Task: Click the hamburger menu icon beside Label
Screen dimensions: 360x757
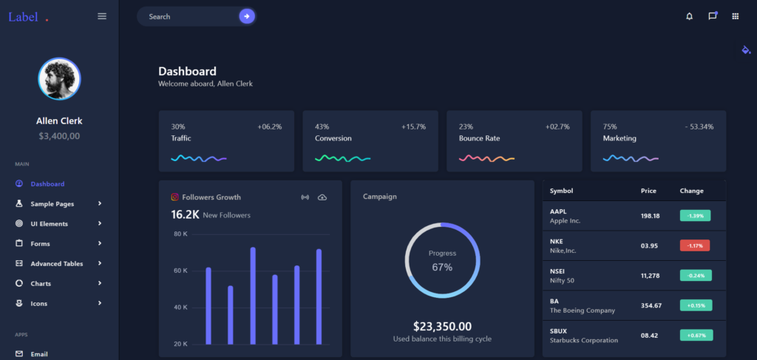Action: tap(102, 16)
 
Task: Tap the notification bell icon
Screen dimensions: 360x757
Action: tap(689, 16)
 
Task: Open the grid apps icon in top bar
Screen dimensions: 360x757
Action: tap(735, 16)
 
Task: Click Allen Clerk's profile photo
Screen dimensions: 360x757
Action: tap(59, 79)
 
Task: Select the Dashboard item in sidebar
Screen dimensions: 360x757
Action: tap(47, 184)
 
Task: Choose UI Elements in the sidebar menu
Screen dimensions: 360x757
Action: tap(49, 224)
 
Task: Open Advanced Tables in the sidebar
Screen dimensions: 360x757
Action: tap(56, 264)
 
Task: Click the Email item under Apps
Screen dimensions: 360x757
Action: tap(39, 354)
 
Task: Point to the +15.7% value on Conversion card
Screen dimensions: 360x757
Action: tap(413, 126)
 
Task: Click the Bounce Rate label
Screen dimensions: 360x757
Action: tap(479, 138)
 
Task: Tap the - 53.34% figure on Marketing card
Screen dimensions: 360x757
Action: tap(699, 126)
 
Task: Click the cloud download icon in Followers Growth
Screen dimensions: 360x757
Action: tap(322, 197)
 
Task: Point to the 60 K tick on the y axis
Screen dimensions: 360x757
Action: tap(180, 271)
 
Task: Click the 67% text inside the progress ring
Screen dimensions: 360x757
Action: tap(442, 267)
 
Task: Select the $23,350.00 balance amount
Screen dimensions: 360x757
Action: tap(442, 326)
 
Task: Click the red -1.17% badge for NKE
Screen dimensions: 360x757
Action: tap(695, 245)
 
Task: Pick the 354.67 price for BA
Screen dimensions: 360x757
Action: tap(651, 305)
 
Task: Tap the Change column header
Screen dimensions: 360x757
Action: tap(691, 191)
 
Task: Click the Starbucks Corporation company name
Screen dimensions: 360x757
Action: tap(583, 340)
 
